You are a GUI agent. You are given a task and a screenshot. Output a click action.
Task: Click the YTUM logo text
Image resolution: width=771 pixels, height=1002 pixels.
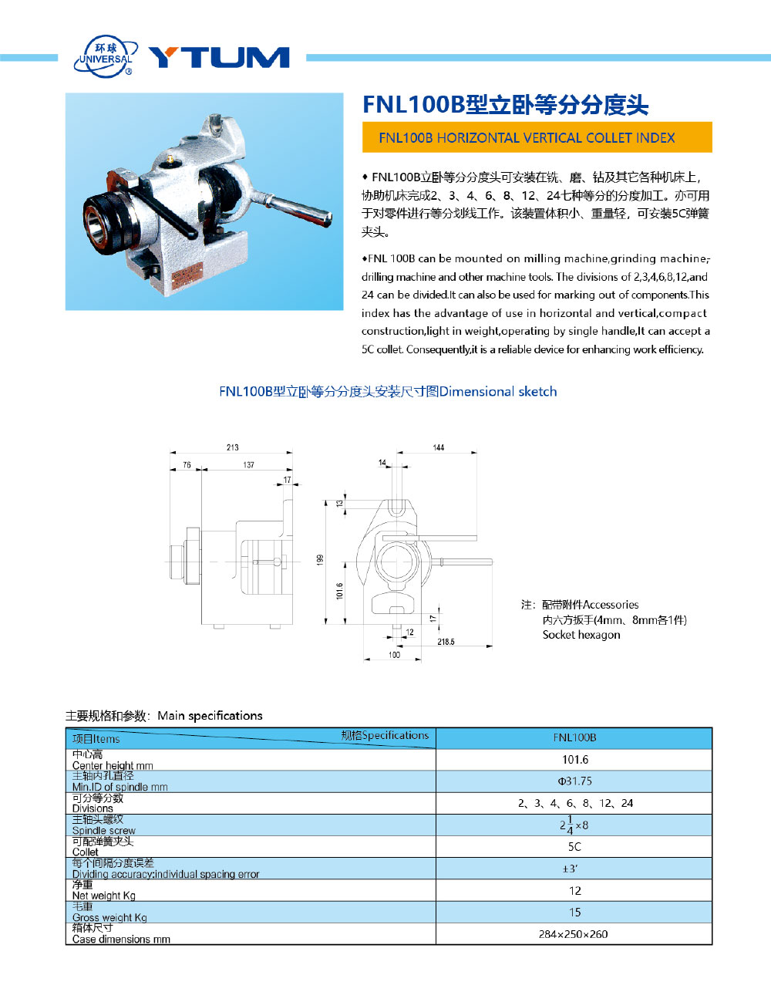219,57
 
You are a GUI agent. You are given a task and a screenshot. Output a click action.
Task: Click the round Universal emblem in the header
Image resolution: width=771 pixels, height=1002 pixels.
106,56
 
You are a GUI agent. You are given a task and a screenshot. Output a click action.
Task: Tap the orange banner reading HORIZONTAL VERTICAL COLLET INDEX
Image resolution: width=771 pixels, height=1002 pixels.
537,138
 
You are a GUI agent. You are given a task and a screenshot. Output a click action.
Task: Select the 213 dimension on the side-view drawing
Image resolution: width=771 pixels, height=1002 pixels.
232,447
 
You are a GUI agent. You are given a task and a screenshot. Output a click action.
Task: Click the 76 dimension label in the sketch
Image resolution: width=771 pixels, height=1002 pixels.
187,465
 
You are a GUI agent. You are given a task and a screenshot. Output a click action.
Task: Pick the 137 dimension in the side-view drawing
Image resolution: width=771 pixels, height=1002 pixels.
248,465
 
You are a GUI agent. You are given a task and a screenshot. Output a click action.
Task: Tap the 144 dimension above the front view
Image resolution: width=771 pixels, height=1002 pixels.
438,447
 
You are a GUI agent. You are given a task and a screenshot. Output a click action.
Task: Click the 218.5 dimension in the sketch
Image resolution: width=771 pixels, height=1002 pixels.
446,642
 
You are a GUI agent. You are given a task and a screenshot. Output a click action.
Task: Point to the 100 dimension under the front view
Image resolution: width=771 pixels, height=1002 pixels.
394,655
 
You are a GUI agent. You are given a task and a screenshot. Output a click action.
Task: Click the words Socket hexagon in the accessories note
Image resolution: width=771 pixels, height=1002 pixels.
581,635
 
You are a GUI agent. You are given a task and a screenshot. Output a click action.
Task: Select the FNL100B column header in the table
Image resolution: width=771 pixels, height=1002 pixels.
574,738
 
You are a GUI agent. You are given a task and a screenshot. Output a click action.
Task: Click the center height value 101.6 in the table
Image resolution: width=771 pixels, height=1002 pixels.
574,760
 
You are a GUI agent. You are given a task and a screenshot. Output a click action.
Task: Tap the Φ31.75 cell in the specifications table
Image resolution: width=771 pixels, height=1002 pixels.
574,781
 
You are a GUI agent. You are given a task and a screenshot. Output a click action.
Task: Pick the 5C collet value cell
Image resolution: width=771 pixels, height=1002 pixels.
574,847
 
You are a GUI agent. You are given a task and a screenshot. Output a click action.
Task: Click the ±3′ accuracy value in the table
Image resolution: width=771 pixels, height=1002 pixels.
571,869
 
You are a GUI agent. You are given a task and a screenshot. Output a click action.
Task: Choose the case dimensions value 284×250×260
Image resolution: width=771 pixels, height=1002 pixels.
573,934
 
